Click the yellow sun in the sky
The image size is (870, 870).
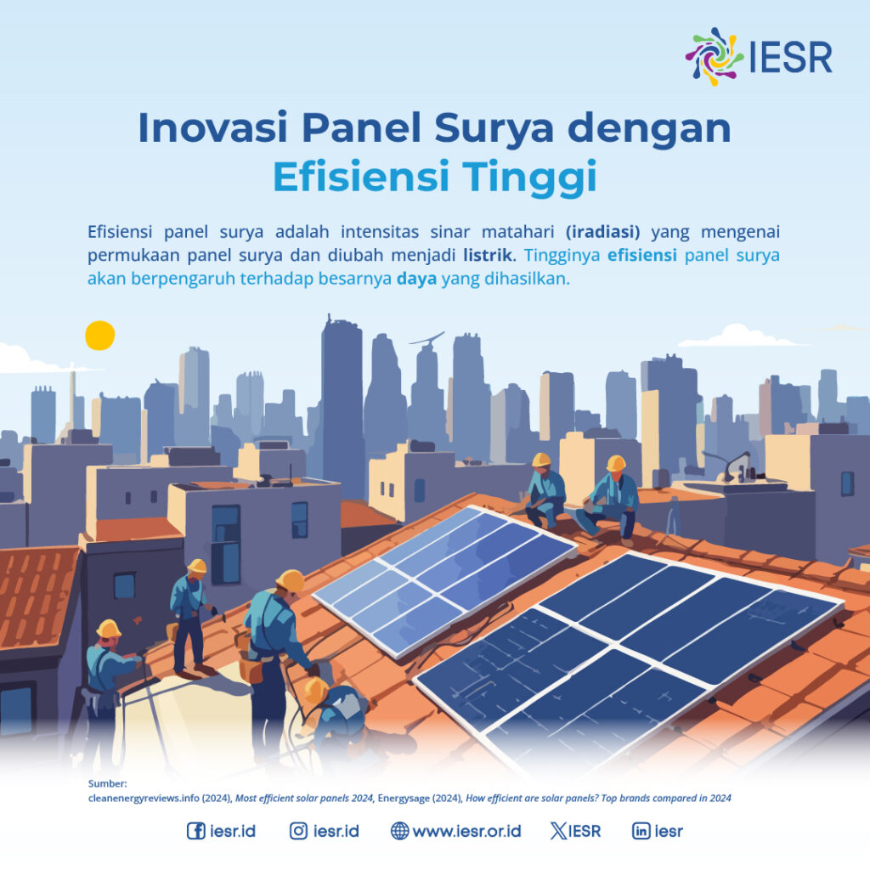[99, 336]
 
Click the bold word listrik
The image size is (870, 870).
[490, 254]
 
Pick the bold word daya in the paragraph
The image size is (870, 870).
[416, 278]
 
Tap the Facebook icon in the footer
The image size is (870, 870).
[195, 831]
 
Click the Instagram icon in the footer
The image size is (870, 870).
[298, 831]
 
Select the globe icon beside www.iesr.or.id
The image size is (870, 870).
[399, 831]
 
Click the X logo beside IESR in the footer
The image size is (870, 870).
[558, 831]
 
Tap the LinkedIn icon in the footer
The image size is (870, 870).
[641, 831]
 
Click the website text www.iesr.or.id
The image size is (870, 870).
[466, 831]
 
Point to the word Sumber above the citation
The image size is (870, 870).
[106, 783]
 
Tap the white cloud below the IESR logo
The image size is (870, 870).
[739, 336]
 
